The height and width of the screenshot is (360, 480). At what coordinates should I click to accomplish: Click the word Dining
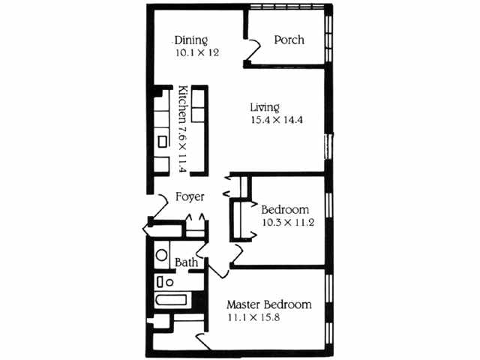pyautogui.click(x=191, y=40)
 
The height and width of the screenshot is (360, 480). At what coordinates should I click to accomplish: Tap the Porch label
pyautogui.click(x=289, y=40)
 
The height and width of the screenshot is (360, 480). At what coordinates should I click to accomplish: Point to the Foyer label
pyautogui.click(x=190, y=198)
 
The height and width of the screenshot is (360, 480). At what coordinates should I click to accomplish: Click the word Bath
pyautogui.click(x=187, y=262)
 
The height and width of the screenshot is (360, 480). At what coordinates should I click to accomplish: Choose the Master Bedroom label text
pyautogui.click(x=269, y=305)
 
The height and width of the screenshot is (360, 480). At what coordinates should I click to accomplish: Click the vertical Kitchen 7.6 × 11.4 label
pyautogui.click(x=183, y=128)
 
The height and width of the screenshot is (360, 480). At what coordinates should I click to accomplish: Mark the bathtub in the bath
pyautogui.click(x=171, y=301)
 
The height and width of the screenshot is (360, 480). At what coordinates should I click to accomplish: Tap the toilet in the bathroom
pyautogui.click(x=164, y=282)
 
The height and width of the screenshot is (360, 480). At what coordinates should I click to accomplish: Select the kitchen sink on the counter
pyautogui.click(x=162, y=141)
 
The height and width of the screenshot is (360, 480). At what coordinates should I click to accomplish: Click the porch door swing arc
pyautogui.click(x=253, y=50)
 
